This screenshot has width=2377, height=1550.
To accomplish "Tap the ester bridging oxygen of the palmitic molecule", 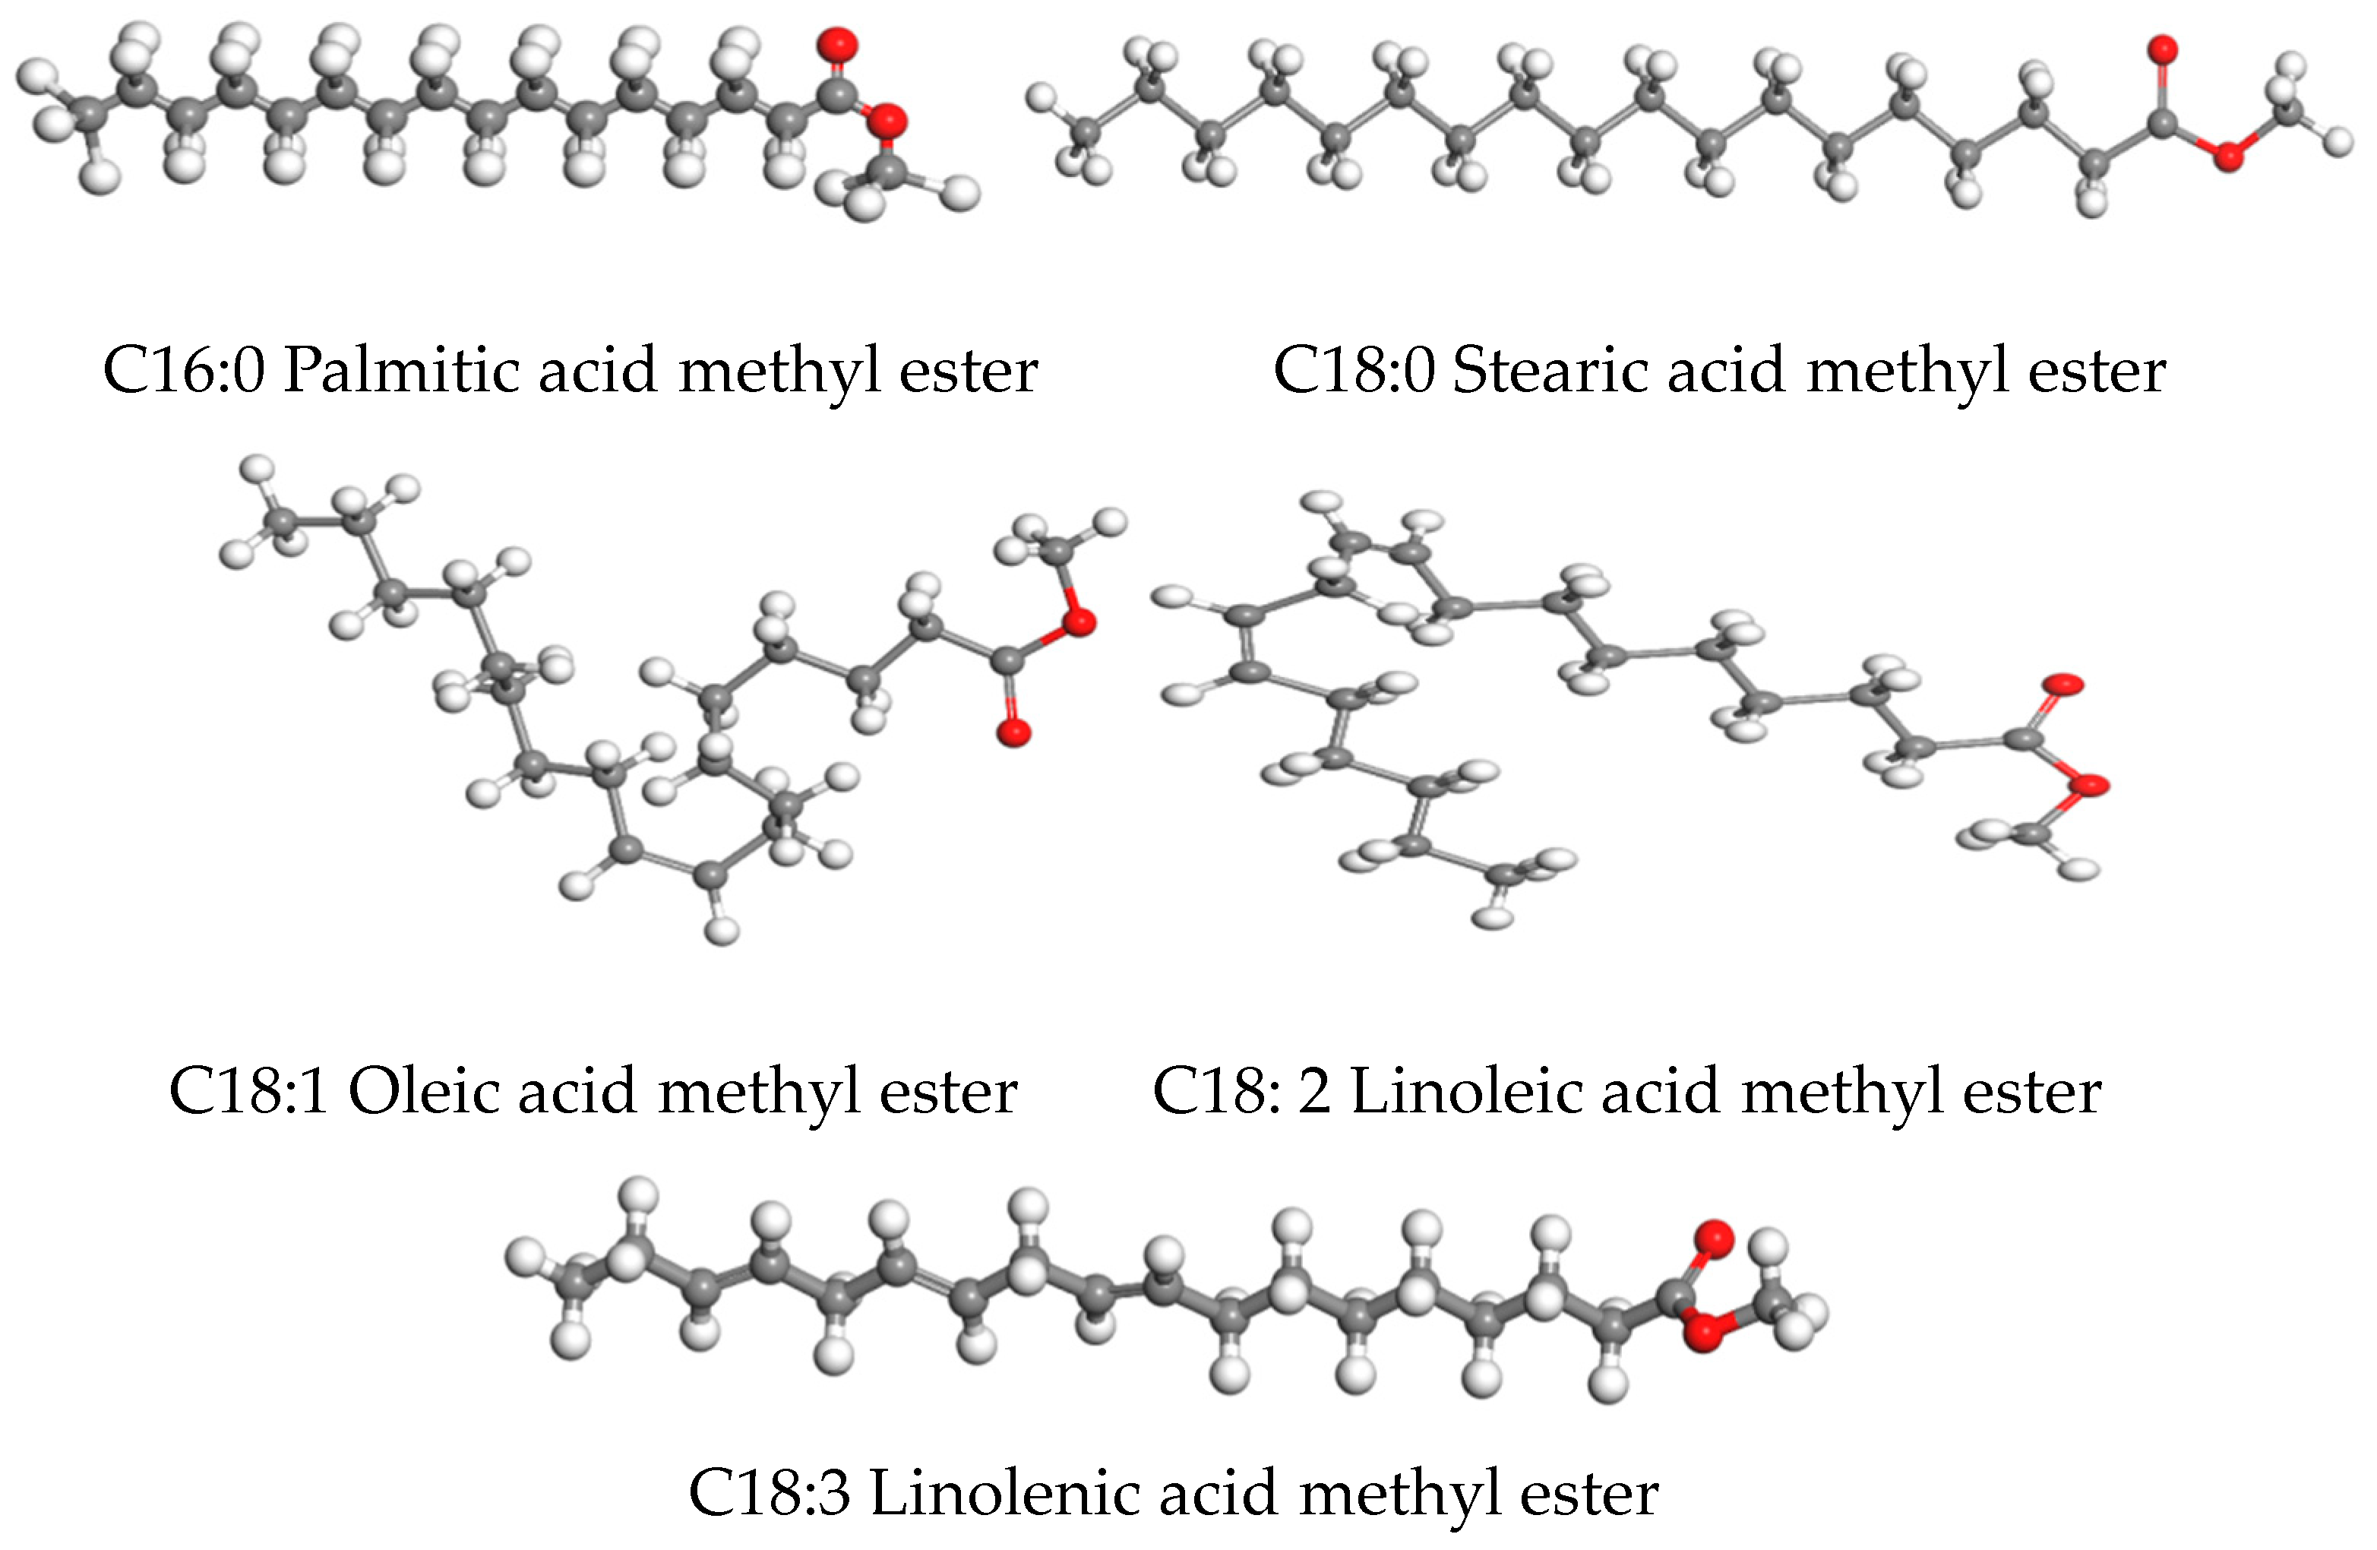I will pyautogui.click(x=887, y=121).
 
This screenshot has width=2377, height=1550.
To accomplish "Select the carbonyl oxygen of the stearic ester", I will pyautogui.click(x=2164, y=49).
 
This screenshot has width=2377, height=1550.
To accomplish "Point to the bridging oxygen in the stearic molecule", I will pyautogui.click(x=2227, y=156).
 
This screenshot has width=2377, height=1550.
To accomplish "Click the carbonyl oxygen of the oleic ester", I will pyautogui.click(x=1013, y=733).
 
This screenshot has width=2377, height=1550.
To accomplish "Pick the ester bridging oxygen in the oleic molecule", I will pyautogui.click(x=1079, y=622).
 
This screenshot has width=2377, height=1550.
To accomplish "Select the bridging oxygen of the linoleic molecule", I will pyautogui.click(x=2089, y=786).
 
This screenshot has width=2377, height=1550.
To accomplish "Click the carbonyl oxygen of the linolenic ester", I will pyautogui.click(x=1714, y=1238).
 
